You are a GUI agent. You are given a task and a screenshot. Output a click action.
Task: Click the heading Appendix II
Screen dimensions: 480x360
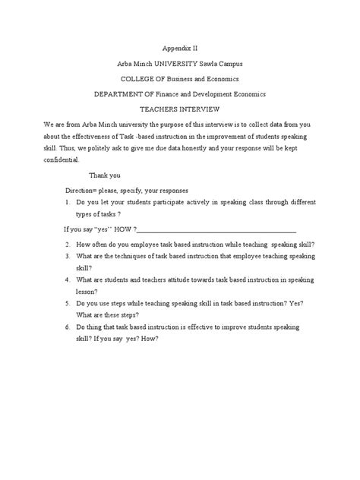tap(180, 46)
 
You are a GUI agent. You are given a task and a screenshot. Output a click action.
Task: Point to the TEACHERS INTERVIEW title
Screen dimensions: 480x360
tap(180, 110)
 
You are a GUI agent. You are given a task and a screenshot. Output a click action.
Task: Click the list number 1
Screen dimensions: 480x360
tap(68, 204)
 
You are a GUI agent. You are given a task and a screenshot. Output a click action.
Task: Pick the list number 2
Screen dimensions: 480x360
tap(68, 245)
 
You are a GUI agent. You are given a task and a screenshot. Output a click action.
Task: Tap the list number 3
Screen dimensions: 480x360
tap(68, 257)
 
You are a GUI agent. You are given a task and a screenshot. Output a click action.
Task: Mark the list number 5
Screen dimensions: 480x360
tap(68, 303)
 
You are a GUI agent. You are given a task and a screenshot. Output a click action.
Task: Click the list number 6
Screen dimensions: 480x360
tap(68, 327)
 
